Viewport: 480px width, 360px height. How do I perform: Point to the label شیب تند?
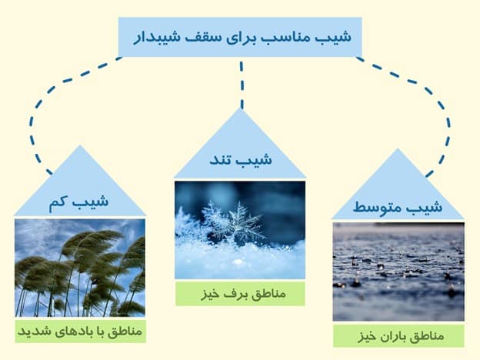click(241, 161)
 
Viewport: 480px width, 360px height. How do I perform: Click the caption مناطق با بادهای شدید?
click(79, 332)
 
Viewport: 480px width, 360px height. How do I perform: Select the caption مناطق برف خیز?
click(240, 293)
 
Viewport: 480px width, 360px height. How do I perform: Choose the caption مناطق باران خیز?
click(398, 336)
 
